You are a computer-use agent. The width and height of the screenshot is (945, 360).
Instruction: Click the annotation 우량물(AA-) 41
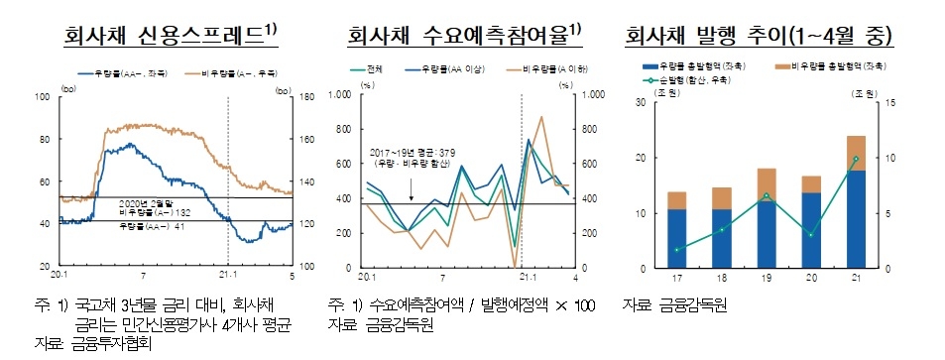tap(147, 228)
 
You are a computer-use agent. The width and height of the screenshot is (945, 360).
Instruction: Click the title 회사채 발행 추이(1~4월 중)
tap(759, 38)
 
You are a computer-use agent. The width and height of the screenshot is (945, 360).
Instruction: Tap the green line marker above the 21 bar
tap(856, 159)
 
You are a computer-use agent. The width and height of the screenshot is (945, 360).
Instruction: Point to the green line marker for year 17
tap(677, 250)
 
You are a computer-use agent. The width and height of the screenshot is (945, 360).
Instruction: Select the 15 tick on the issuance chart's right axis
tap(891, 102)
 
